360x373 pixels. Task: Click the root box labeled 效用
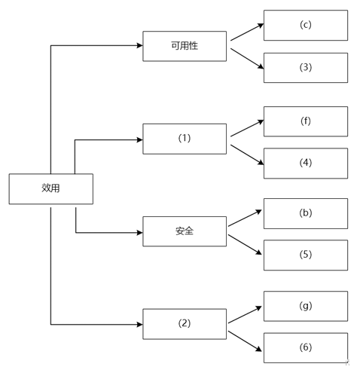click(x=51, y=188)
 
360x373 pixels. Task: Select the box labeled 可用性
click(x=185, y=46)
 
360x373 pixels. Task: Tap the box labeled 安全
click(x=185, y=231)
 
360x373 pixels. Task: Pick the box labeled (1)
click(x=185, y=139)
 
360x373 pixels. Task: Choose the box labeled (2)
click(x=185, y=324)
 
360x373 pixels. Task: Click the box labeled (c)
click(x=306, y=25)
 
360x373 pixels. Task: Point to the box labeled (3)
click(x=306, y=68)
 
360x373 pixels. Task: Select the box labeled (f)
click(x=306, y=121)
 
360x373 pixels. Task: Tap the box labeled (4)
click(x=306, y=164)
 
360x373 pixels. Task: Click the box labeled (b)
click(x=306, y=213)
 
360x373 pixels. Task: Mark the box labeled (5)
click(x=306, y=255)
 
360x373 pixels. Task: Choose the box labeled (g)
click(x=306, y=306)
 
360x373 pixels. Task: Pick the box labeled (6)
click(x=306, y=348)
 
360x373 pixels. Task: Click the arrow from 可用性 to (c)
click(x=247, y=32)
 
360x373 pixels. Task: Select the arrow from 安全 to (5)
click(x=245, y=245)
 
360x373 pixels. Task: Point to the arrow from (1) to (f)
click(x=247, y=128)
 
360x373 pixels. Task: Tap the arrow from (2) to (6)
click(x=245, y=341)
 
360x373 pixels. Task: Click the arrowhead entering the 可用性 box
click(x=139, y=45)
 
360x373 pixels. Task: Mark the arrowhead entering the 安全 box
click(x=139, y=233)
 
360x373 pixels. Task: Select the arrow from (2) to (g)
click(x=245, y=315)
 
